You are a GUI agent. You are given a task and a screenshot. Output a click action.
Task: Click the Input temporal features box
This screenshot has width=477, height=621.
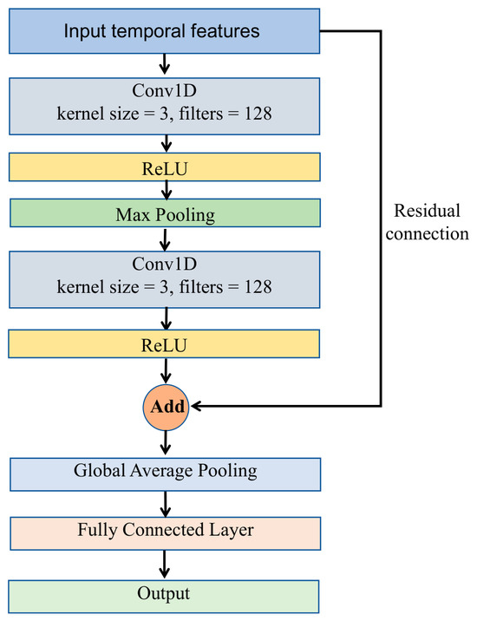(x=165, y=31)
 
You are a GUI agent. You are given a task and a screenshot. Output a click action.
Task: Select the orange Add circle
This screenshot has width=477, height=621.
(x=166, y=407)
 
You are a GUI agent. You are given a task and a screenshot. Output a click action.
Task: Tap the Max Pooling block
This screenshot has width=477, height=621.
(x=165, y=213)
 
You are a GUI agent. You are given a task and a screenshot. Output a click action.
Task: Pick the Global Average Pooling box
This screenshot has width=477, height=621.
(x=165, y=474)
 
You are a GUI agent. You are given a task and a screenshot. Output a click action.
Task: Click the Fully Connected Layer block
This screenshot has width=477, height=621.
(x=165, y=533)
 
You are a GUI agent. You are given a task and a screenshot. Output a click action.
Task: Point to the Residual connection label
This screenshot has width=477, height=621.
(x=427, y=222)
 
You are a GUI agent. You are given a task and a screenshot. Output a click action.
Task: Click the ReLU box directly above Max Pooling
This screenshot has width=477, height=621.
(x=165, y=167)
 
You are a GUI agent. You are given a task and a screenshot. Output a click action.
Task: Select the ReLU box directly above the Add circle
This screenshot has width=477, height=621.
(x=164, y=343)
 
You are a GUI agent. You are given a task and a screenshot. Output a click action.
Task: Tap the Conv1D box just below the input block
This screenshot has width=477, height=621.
(x=165, y=106)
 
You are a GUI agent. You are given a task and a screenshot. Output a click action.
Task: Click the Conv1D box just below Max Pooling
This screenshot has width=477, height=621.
(x=165, y=279)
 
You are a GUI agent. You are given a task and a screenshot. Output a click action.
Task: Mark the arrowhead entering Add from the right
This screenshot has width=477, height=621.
(x=196, y=406)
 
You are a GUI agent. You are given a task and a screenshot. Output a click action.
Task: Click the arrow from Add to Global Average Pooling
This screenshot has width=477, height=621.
(x=166, y=442)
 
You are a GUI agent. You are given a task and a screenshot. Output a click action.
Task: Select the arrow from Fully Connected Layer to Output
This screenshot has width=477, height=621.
(x=164, y=564)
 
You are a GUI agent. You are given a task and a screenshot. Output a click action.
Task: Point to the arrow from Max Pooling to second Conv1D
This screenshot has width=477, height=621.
(x=165, y=239)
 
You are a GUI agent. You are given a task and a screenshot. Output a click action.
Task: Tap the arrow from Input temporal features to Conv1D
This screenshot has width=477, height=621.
(x=165, y=64)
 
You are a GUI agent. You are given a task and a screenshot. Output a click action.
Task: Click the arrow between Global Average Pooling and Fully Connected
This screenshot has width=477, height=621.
(x=166, y=504)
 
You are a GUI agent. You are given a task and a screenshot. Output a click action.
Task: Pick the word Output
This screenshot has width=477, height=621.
(x=164, y=593)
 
